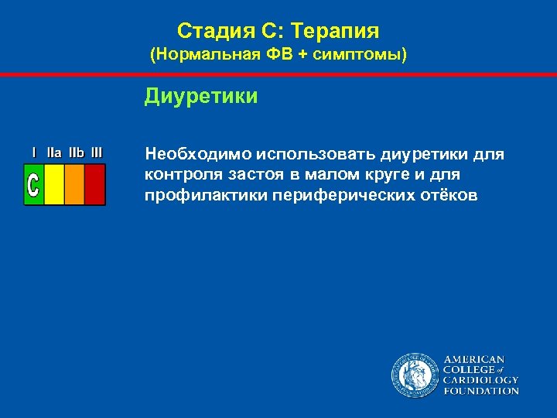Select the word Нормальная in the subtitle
[x=198, y=56]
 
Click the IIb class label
[x=76, y=152]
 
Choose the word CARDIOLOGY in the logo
[x=480, y=380]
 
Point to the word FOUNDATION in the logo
[x=480, y=391]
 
